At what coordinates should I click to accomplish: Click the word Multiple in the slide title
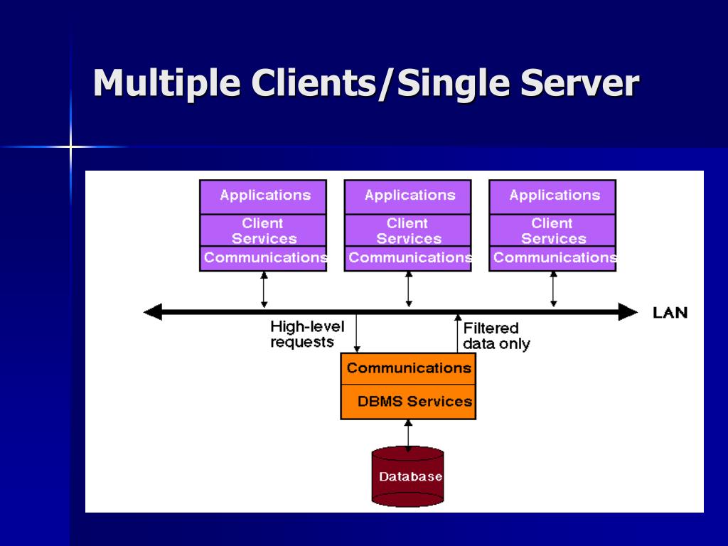(167, 84)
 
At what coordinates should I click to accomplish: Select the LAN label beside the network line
(670, 313)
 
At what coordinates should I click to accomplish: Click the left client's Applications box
(263, 197)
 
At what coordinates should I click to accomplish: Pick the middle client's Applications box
(408, 197)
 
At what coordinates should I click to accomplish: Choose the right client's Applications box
(552, 197)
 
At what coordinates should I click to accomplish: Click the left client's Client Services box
(263, 230)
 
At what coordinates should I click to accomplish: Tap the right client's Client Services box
(552, 230)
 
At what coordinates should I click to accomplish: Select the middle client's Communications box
(408, 258)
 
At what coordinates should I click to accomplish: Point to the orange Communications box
(408, 369)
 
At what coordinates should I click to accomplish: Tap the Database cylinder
(407, 476)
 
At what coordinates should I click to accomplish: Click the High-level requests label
(307, 334)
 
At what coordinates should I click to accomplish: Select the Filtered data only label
(496, 336)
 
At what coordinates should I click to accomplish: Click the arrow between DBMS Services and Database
(408, 436)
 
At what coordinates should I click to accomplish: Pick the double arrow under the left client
(264, 290)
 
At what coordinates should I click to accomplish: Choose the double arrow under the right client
(553, 290)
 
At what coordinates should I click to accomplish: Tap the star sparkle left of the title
(70, 147)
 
